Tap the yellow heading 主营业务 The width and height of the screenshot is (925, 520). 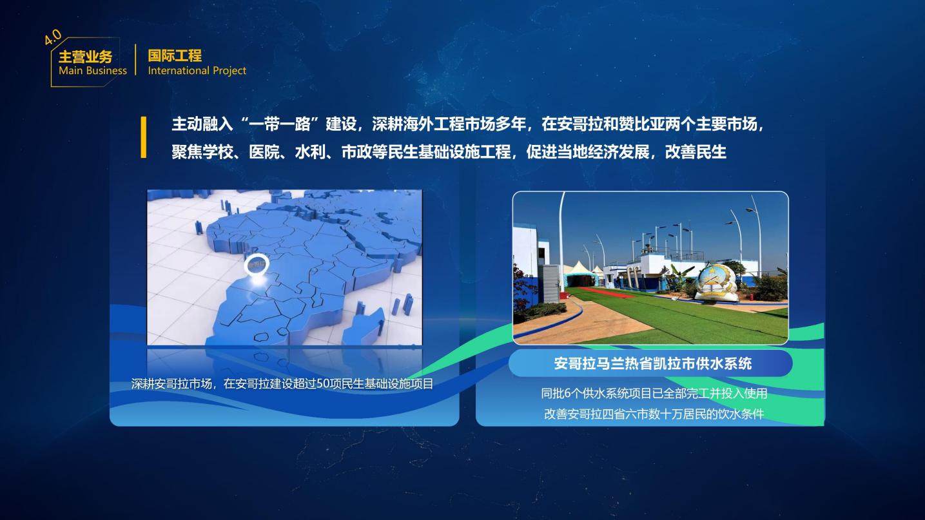point(86,57)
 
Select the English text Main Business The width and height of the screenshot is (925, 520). point(93,71)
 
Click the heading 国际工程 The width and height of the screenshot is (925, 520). point(175,55)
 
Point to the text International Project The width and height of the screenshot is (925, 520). point(197,71)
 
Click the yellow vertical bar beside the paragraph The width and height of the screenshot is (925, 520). point(143,137)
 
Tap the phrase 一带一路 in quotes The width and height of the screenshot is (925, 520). point(280,124)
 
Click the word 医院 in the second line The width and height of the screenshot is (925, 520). point(264,152)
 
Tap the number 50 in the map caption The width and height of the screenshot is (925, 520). point(322,384)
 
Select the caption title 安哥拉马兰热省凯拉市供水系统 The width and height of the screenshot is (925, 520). point(652,363)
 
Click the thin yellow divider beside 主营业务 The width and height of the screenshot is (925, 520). point(135,60)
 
